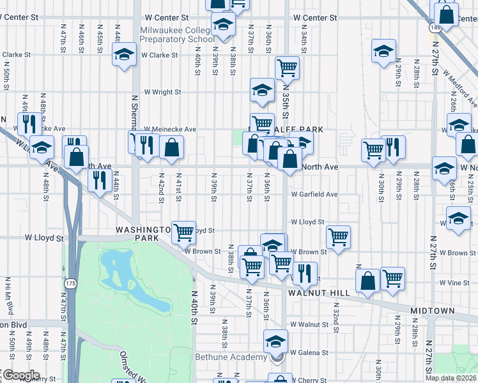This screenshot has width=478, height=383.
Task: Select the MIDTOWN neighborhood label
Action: (432, 311)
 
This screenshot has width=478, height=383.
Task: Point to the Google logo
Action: (20, 375)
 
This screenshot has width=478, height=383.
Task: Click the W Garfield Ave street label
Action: (314, 194)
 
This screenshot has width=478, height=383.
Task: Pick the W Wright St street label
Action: (162, 92)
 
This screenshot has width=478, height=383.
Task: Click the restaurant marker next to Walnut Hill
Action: (305, 273)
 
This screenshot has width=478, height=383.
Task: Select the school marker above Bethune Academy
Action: (276, 341)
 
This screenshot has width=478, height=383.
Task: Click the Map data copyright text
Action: (451, 378)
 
